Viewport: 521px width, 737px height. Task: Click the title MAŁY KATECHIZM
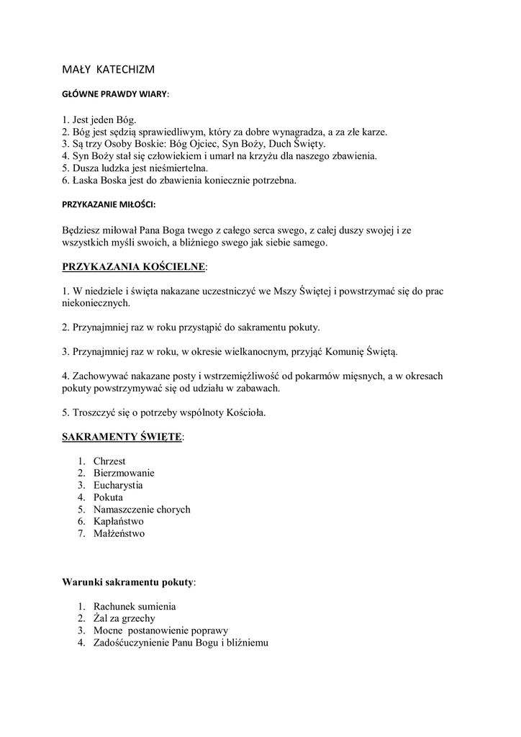click(x=108, y=69)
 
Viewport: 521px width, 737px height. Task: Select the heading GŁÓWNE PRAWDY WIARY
click(x=115, y=94)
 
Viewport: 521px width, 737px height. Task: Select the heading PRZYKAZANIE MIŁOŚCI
click(x=109, y=204)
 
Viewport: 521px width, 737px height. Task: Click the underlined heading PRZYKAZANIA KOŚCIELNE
click(x=134, y=267)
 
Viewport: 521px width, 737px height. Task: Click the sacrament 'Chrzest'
click(x=109, y=461)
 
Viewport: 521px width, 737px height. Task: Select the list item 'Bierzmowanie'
click(x=124, y=473)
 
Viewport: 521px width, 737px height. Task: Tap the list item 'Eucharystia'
click(x=118, y=485)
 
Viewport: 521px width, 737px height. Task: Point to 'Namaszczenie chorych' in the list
click(x=142, y=510)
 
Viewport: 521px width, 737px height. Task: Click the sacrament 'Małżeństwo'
click(x=119, y=534)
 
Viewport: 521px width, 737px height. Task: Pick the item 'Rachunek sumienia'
click(x=135, y=606)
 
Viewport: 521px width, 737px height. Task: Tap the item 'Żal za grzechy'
click(x=124, y=618)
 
